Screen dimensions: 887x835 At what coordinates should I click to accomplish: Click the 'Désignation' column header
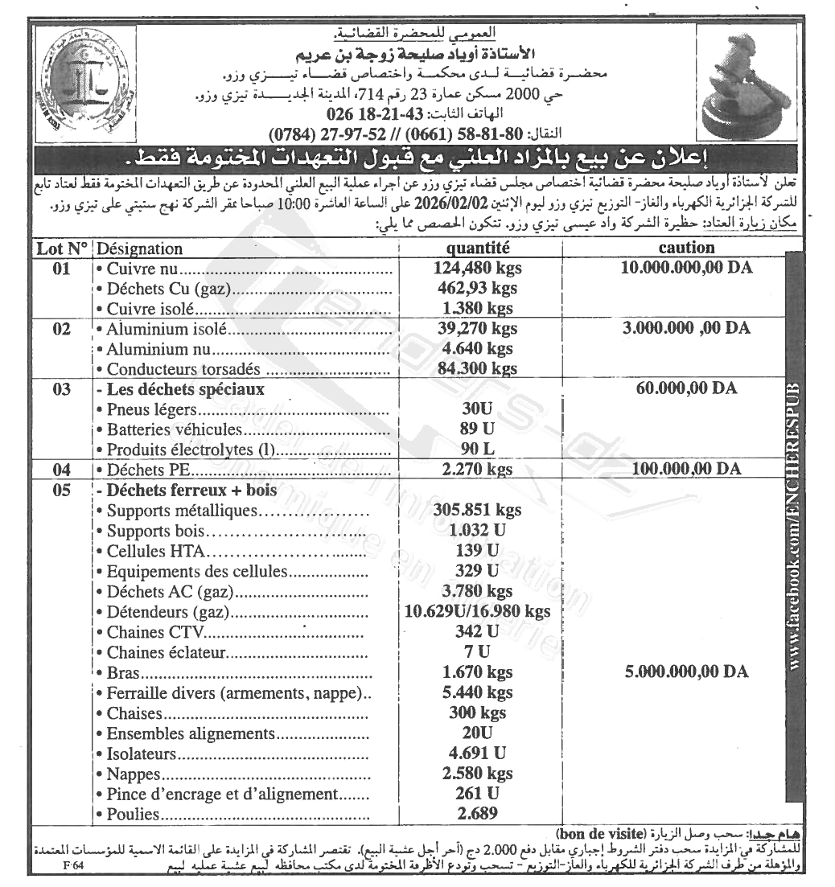(x=139, y=249)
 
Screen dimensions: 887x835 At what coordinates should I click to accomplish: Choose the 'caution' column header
(x=686, y=248)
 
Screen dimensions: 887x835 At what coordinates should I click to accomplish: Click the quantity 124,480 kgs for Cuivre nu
(x=474, y=269)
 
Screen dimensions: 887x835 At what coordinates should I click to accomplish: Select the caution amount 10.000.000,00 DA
(x=687, y=269)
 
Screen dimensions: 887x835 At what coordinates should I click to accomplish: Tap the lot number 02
(x=61, y=329)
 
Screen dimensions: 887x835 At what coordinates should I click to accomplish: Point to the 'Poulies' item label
(x=133, y=814)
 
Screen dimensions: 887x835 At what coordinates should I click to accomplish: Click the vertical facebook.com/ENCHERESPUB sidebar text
(x=795, y=523)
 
